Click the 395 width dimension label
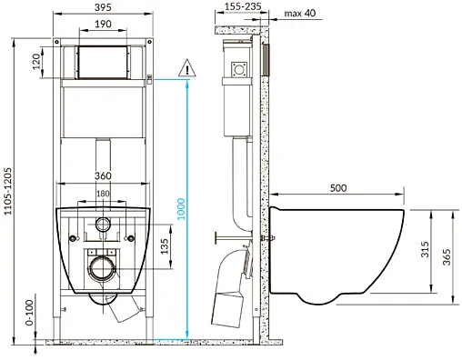pos(103,7)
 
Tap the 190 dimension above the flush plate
pos(103,24)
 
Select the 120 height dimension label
pos(36,62)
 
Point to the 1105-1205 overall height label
pos(7,191)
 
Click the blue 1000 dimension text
pos(181,209)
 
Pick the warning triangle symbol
pos(187,67)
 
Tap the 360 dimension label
pos(103,175)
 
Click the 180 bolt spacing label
pos(103,194)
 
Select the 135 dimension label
pos(165,246)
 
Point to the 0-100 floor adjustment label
pos(29,313)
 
